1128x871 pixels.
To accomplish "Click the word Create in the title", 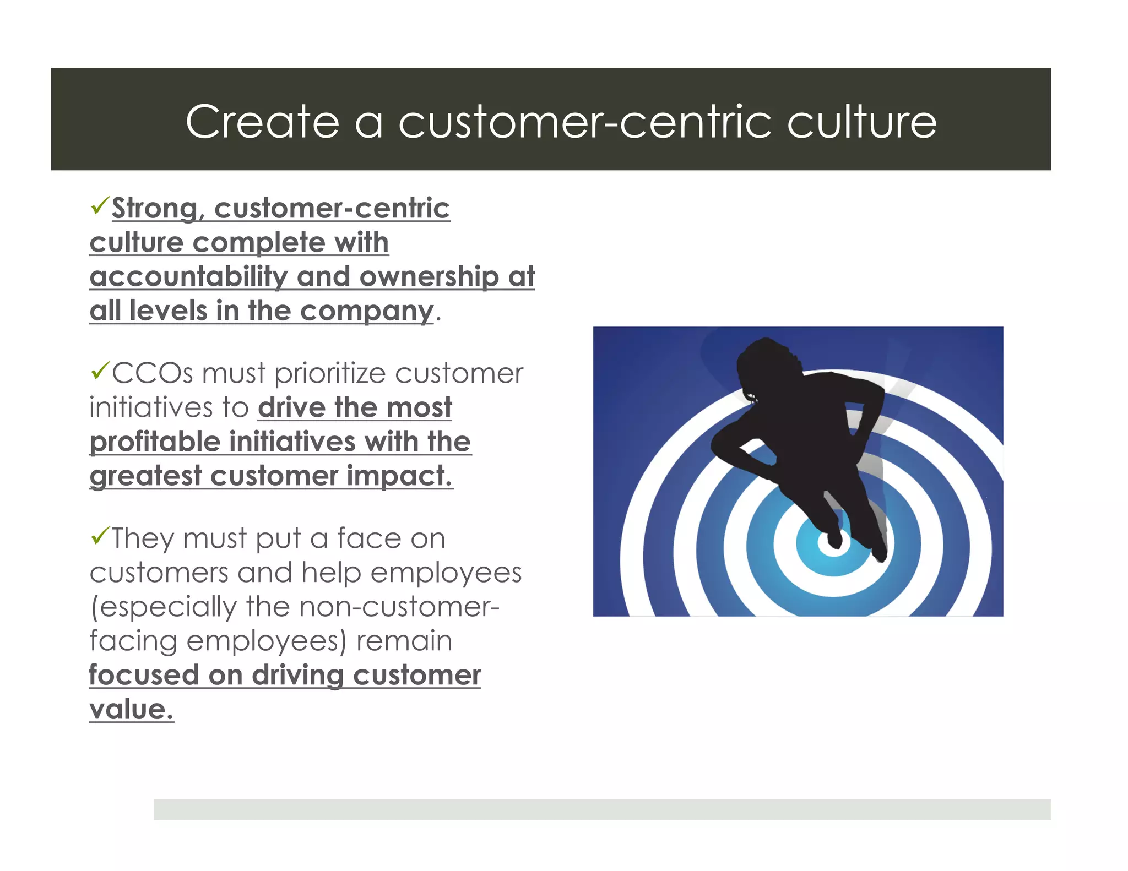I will click(262, 122).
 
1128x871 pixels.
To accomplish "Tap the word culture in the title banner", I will click(861, 122).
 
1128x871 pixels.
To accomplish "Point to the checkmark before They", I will click(100, 535).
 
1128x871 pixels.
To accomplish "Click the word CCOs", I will click(153, 374).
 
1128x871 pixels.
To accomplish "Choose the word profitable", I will click(155, 442).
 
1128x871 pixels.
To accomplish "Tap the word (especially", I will click(163, 607).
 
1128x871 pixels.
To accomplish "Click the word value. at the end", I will click(131, 710).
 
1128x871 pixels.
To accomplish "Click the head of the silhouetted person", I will click(766, 363).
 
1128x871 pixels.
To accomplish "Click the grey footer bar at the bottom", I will click(601, 809).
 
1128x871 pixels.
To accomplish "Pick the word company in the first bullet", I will click(367, 312).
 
